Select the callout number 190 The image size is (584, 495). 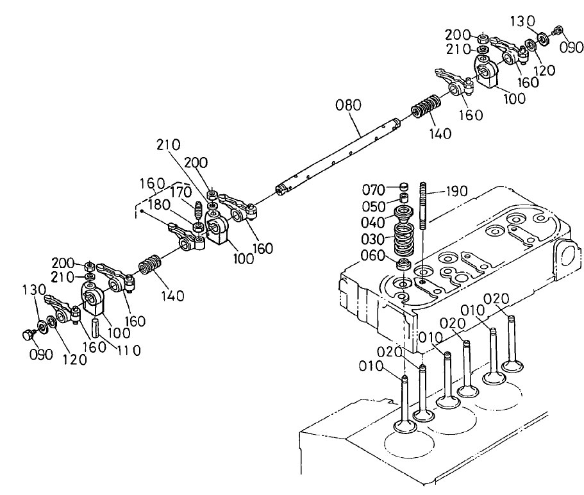tap(456, 191)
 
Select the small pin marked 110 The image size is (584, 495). tap(96, 327)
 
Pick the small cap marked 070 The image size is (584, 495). tap(403, 187)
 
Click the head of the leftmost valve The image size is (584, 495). tap(404, 425)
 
